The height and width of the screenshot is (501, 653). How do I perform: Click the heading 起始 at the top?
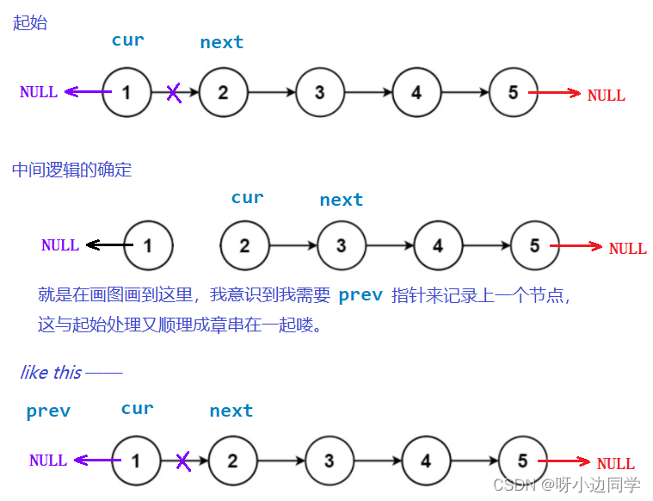coord(30,23)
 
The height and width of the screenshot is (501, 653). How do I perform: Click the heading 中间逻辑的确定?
coord(71,170)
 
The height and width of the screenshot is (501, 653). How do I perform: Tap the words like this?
coord(51,373)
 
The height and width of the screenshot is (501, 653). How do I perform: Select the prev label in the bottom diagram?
coord(48,411)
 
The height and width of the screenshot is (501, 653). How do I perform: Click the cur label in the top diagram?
coord(127,40)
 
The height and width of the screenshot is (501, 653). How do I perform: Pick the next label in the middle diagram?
coord(341,200)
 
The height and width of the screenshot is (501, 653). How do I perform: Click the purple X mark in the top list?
coord(174,92)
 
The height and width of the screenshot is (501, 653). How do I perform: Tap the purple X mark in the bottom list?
coord(183,461)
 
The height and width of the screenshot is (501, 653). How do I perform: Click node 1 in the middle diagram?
coord(148,245)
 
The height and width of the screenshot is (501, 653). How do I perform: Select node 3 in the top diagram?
coord(319,93)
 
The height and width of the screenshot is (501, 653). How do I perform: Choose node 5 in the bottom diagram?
coord(522,461)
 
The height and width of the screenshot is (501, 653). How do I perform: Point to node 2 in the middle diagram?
coord(244,246)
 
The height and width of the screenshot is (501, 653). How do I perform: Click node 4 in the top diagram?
coord(416,93)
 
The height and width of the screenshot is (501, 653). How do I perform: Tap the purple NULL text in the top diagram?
coord(39,92)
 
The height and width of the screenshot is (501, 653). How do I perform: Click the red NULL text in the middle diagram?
coord(627,249)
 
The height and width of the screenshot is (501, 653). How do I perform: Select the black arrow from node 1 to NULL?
coord(107,245)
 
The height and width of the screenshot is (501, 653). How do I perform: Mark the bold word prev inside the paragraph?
coord(360,295)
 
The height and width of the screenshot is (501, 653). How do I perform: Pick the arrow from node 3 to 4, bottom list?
coord(378,461)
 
